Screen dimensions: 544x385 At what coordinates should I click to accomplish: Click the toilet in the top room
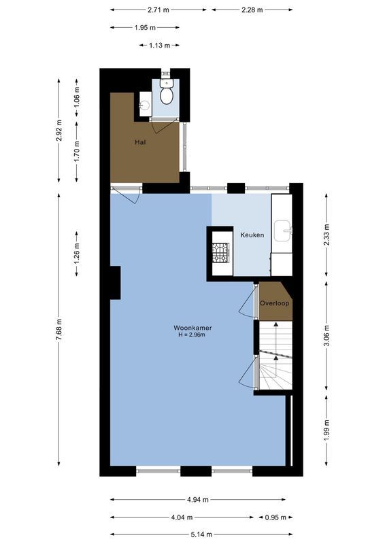coord(167,92)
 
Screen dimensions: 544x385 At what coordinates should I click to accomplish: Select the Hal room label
coord(140,142)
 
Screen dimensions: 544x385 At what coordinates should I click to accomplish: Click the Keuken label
coord(252,235)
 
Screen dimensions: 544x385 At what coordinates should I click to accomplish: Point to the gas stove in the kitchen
coord(220,253)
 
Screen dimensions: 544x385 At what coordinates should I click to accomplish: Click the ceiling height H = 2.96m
coord(192,335)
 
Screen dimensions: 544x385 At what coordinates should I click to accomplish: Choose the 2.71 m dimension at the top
coord(158,10)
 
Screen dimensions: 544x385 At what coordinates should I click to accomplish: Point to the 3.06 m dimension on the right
coord(327,337)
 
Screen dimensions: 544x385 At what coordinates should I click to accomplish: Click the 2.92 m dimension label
coord(59,131)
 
